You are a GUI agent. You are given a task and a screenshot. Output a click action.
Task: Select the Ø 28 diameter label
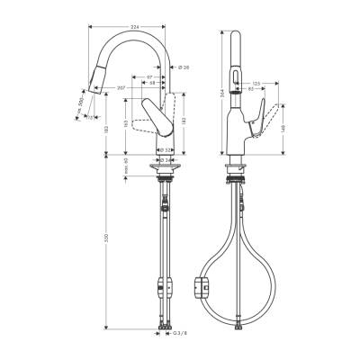point(184,69)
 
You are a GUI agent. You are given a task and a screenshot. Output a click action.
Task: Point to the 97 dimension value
point(148,78)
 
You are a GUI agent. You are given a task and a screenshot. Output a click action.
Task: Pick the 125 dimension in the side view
point(256,83)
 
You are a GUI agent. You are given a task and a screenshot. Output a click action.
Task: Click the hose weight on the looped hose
point(202,289)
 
